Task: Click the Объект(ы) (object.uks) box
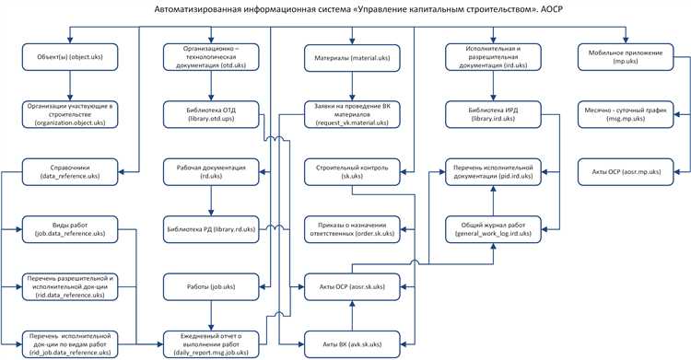(x=69, y=59)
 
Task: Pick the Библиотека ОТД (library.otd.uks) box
(x=211, y=115)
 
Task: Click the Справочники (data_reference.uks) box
(x=69, y=171)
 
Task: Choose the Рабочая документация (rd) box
(x=211, y=171)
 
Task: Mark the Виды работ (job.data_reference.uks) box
(x=69, y=230)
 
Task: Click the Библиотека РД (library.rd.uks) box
(x=211, y=228)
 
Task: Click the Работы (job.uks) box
(x=211, y=287)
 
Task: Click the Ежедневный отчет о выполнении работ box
(x=211, y=344)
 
